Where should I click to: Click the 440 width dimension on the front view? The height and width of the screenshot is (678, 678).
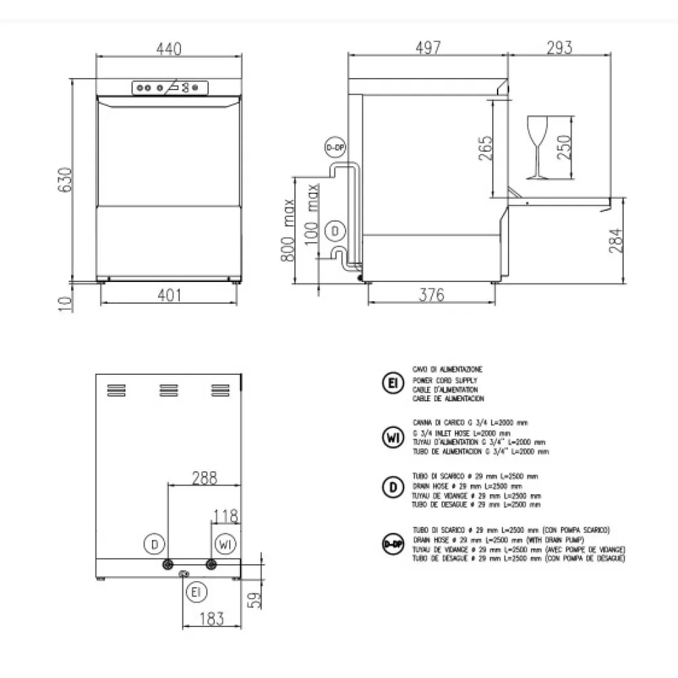coord(169,49)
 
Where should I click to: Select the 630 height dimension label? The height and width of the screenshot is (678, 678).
coord(65,180)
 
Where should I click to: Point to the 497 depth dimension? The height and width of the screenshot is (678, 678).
coord(428,47)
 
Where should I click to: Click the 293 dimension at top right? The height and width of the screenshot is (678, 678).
coord(559,47)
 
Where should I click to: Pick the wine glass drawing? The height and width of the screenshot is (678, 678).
coord(537,147)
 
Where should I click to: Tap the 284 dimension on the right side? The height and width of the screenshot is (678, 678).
coord(615,241)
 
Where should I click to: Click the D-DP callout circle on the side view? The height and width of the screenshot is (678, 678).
coord(334,147)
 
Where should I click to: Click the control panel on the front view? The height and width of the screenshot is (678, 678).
coord(169,87)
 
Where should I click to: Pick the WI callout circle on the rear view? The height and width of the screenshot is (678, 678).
coord(226,544)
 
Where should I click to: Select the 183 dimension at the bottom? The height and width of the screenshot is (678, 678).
coord(212,618)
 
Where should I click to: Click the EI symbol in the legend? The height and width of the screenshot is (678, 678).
coord(392,383)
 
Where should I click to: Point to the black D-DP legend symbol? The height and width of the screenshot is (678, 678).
coord(392,544)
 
